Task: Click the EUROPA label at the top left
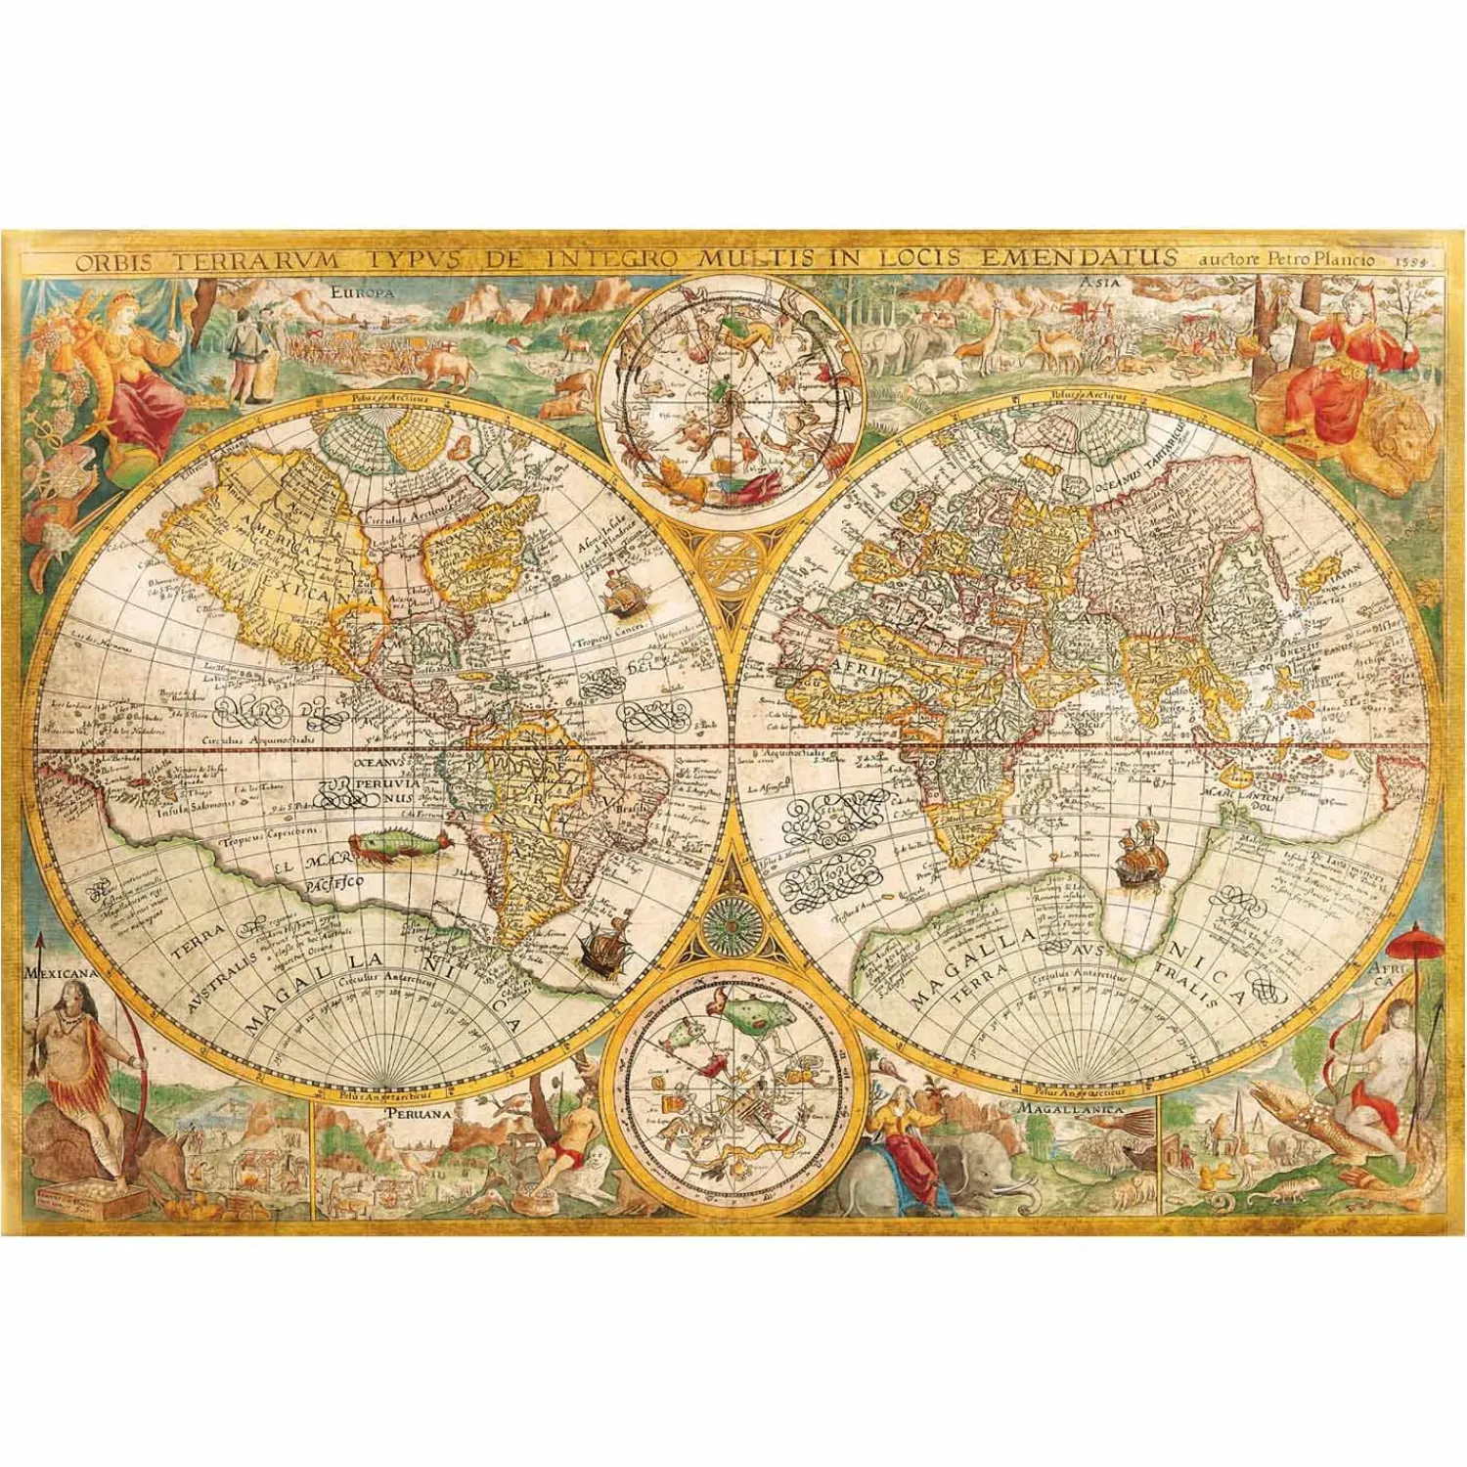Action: point(362,291)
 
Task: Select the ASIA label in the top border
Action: point(1099,284)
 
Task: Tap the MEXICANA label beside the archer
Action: point(61,973)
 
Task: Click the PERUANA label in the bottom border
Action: point(419,1113)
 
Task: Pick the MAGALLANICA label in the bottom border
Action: point(1070,1110)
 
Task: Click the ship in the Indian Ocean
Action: point(1139,857)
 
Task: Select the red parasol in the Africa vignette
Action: point(1415,944)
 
